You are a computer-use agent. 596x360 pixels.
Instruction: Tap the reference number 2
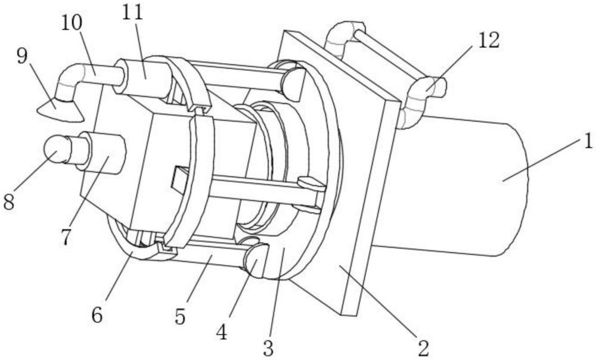423,347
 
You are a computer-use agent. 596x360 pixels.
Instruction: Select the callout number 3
269,347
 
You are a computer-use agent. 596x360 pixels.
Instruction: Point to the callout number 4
222,332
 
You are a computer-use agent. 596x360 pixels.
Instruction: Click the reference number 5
180,316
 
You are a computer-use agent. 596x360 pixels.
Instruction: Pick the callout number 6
97,315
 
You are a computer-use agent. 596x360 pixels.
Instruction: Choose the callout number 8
9,201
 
